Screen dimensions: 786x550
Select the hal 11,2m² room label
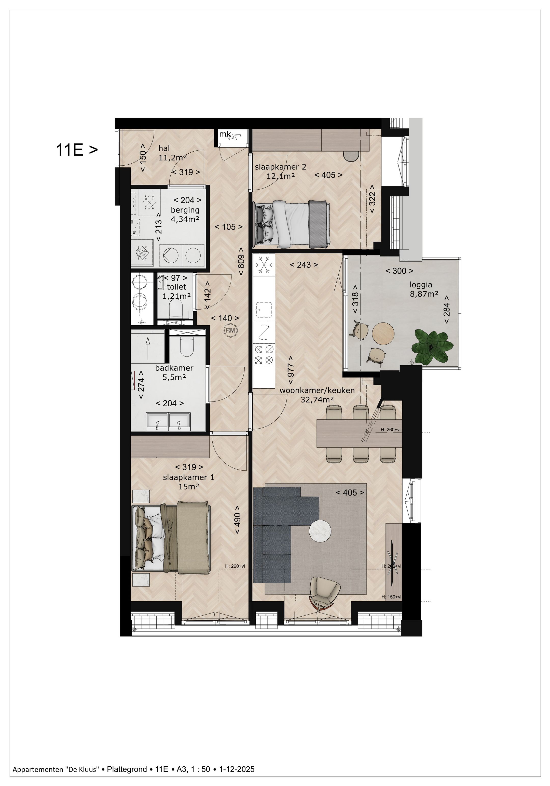(x=172, y=153)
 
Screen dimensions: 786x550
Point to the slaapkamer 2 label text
(x=280, y=167)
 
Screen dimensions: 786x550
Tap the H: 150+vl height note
(x=391, y=597)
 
